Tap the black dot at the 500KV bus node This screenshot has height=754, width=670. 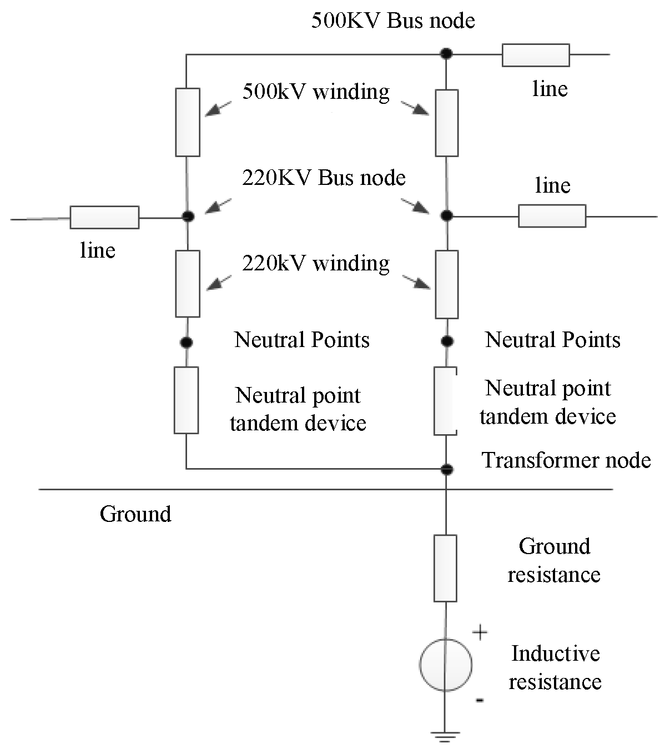click(x=446, y=54)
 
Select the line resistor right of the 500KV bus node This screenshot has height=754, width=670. click(x=536, y=55)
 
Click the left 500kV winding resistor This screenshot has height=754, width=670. click(x=188, y=122)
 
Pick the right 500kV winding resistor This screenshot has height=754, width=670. click(x=446, y=123)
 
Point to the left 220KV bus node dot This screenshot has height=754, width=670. click(x=188, y=216)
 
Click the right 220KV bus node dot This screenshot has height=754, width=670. click(x=446, y=215)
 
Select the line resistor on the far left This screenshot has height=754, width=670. click(x=104, y=217)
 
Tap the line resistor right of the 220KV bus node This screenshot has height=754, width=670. click(x=552, y=216)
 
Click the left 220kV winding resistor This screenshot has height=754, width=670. click(x=188, y=284)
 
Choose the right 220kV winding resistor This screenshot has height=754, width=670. click(x=446, y=284)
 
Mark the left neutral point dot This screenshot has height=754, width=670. click(x=187, y=342)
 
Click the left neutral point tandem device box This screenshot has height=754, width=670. click(x=186, y=400)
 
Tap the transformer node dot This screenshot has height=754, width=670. click(x=446, y=469)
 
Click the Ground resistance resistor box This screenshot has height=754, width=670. click(x=445, y=569)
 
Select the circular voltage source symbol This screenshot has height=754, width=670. click(x=446, y=665)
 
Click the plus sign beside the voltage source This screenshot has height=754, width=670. click(x=480, y=632)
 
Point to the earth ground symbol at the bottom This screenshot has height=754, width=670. click(x=445, y=736)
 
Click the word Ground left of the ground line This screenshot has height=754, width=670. click(x=135, y=515)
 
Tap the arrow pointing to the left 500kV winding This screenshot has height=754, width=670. click(x=218, y=109)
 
